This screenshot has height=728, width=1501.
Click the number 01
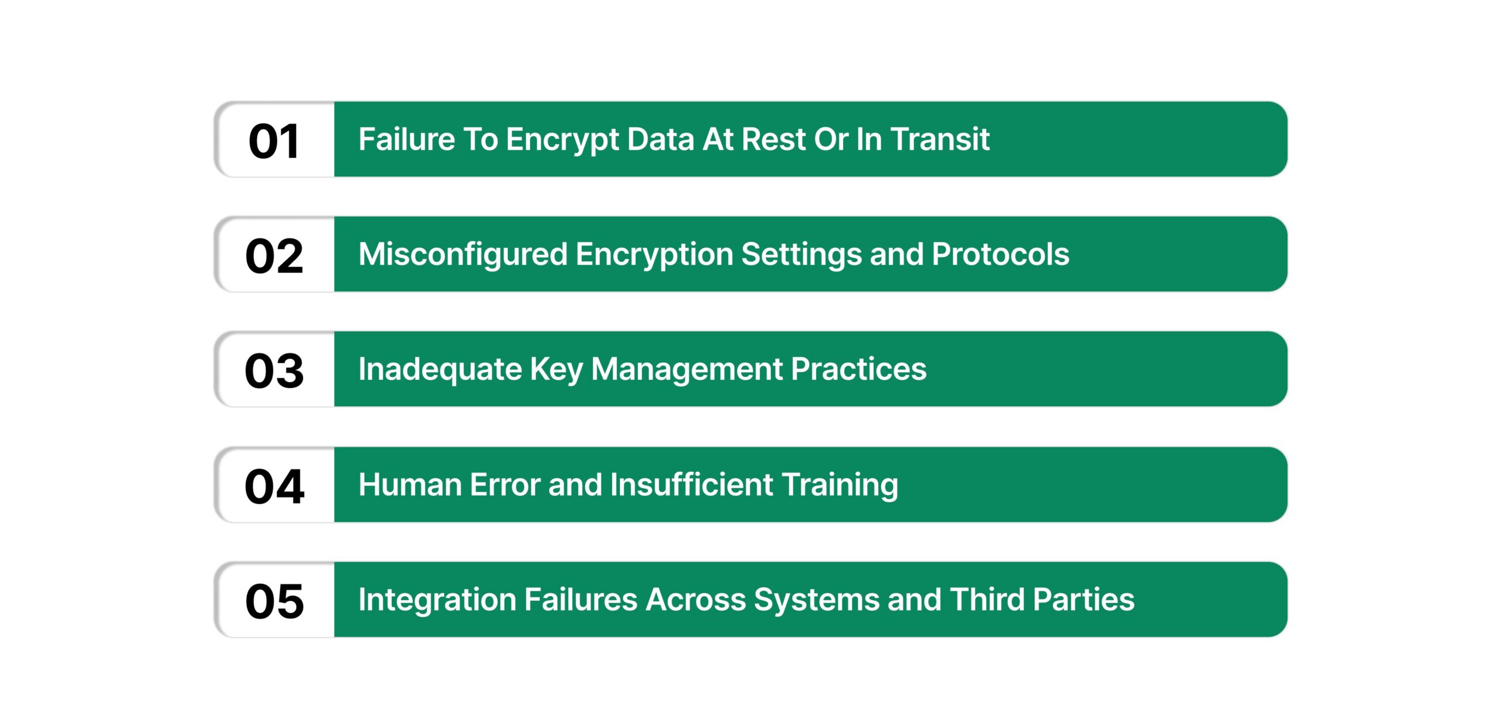tap(274, 141)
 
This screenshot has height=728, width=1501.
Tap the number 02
tap(274, 256)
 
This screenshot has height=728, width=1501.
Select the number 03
tap(274, 371)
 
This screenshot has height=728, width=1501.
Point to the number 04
tap(274, 487)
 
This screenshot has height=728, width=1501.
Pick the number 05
tap(274, 601)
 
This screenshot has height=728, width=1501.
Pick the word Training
tap(840, 486)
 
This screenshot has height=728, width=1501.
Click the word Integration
tap(437, 600)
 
